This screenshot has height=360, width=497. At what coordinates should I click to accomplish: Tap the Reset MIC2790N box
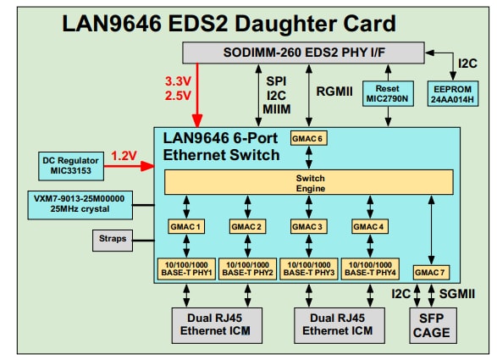387,93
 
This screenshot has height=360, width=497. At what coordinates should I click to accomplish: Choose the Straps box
112,240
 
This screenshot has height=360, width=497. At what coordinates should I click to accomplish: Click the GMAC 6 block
307,138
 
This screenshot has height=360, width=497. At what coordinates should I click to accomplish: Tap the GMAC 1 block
186,227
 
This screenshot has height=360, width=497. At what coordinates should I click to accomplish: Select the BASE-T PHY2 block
247,269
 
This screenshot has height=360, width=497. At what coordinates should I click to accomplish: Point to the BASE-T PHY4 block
370,269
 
